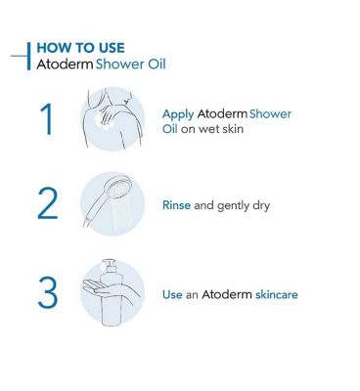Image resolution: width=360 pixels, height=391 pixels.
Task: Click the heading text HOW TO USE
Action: click(80, 47)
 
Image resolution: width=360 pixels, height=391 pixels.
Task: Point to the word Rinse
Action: click(177, 206)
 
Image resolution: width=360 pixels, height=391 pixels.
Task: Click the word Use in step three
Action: click(172, 293)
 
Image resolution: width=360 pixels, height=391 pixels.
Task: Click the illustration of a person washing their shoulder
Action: click(111, 118)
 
